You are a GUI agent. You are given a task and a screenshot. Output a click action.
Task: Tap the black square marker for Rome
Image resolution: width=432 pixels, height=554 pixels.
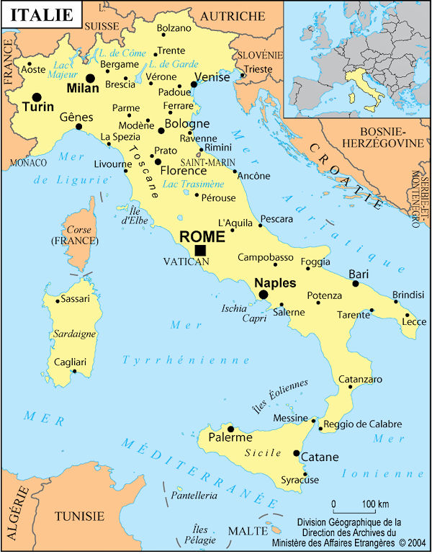200,250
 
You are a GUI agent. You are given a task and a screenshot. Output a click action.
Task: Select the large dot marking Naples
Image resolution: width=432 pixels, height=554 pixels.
264,295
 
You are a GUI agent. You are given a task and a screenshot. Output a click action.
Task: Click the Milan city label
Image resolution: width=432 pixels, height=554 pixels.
83,89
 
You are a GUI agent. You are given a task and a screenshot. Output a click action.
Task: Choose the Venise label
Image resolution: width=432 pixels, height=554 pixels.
212,77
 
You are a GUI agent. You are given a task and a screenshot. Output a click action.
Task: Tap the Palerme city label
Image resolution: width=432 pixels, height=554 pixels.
230,437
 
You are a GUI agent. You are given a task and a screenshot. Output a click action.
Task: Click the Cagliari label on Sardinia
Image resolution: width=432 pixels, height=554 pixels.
75,362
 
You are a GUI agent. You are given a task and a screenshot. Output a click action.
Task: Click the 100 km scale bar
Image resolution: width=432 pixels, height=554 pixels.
353,510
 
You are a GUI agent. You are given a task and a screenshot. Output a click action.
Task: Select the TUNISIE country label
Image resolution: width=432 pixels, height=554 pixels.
80,517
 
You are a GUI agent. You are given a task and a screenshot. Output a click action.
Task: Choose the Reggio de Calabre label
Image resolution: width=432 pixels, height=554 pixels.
362,424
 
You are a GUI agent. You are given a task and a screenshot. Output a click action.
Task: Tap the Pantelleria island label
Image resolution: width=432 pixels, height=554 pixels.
192,496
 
